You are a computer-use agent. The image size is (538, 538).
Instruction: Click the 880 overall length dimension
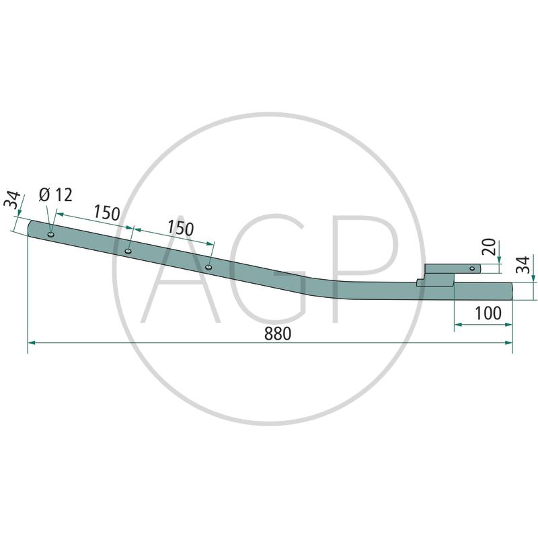point(278,334)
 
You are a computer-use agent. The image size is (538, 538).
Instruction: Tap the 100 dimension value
point(488,313)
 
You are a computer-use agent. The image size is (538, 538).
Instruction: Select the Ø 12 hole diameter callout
point(56,195)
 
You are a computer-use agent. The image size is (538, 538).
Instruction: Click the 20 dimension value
point(489,246)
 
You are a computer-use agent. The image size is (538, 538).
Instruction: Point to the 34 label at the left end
point(12,200)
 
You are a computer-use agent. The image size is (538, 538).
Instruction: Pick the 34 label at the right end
point(523,264)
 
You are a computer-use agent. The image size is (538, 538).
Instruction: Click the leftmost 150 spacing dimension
point(107,213)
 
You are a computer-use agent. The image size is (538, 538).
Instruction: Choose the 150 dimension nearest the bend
point(181,228)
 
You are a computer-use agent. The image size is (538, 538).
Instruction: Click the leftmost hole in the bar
point(51,235)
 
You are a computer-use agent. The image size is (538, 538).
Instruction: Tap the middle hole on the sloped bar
point(128,251)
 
